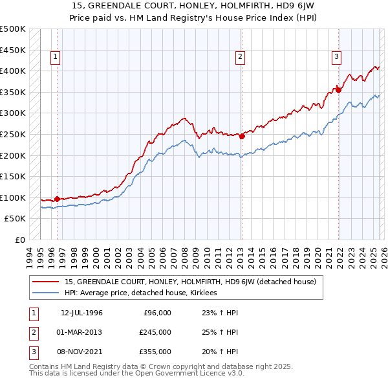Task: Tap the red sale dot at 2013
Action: [x=242, y=136]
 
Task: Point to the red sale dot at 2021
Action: [x=338, y=90]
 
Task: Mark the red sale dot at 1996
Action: [x=57, y=199]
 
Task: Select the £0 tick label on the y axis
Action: [x=19, y=240]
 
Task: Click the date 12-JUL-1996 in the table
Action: [x=81, y=313]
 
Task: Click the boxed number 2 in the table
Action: [x=32, y=332]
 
